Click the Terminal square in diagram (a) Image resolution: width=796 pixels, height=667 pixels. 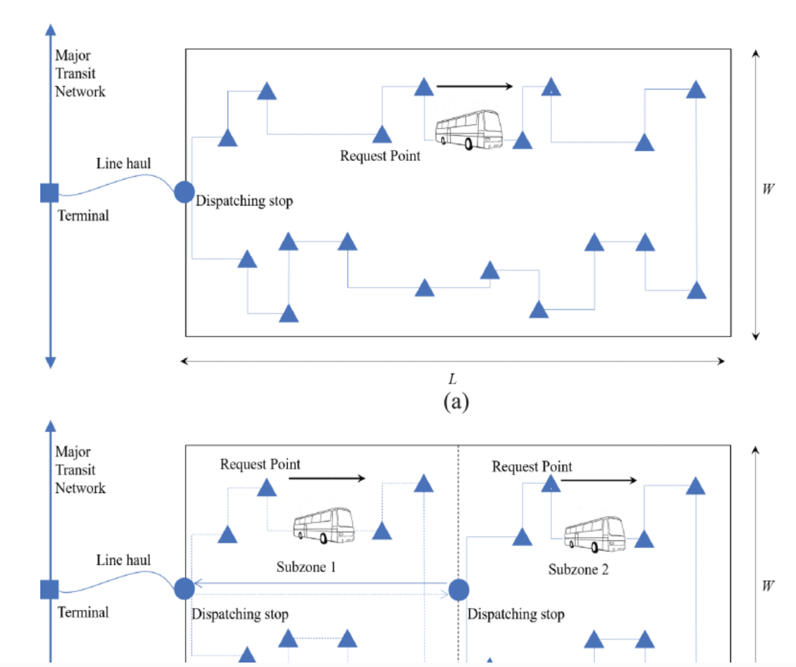click(49, 192)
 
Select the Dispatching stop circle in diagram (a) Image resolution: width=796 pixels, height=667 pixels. click(184, 192)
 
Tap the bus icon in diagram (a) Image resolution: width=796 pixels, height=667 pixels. click(469, 130)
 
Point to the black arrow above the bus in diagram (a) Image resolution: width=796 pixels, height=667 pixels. click(474, 86)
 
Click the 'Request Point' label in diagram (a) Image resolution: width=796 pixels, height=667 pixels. click(380, 156)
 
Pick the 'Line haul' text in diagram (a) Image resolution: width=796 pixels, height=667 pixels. click(123, 164)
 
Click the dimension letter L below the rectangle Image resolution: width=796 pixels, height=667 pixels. click(453, 378)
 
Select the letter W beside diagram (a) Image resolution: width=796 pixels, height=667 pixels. click(768, 189)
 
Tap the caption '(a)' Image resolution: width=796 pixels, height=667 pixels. click(456, 401)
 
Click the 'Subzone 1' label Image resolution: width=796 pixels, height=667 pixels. click(306, 567)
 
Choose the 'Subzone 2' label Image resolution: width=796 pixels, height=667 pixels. click(578, 569)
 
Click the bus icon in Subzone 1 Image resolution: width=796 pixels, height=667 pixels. click(324, 526)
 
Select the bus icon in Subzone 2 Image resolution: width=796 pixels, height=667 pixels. click(595, 534)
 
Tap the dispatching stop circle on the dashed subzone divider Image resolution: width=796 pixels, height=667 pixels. click(458, 590)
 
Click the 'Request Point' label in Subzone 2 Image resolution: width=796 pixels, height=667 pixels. click(531, 466)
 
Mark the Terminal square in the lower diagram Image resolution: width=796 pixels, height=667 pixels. click(49, 589)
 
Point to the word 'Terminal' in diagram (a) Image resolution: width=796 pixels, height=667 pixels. click(83, 215)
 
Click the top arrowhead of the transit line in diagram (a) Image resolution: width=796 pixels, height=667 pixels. click(51, 29)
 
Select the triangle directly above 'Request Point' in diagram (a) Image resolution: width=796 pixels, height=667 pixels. click(382, 135)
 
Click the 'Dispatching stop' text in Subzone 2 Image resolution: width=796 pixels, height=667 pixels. click(515, 614)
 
